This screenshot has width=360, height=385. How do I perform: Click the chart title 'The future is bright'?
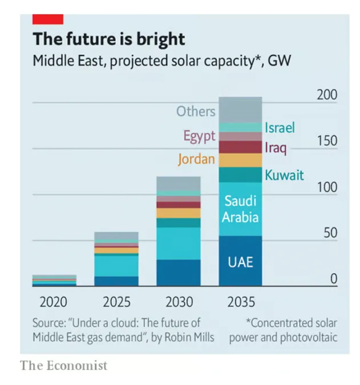(x=109, y=39)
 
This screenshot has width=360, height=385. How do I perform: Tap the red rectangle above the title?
(x=47, y=19)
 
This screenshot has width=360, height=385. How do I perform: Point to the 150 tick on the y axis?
(x=327, y=141)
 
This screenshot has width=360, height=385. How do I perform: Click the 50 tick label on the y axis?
(x=330, y=233)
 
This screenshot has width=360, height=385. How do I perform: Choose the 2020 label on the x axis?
(x=54, y=302)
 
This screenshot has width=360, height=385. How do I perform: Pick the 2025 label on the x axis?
(x=116, y=302)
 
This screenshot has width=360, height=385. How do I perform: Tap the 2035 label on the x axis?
(x=240, y=302)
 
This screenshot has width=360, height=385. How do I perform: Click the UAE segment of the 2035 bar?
(x=240, y=262)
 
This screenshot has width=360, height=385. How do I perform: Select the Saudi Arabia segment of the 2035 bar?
(x=240, y=209)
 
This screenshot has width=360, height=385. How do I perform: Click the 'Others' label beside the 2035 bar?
(x=196, y=111)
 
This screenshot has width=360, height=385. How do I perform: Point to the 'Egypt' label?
(x=199, y=136)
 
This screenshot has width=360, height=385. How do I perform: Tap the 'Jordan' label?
(x=196, y=159)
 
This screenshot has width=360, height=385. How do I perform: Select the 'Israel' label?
(x=280, y=128)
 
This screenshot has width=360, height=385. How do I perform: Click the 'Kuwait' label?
(x=284, y=175)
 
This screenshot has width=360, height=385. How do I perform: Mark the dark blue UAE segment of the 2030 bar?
(x=179, y=273)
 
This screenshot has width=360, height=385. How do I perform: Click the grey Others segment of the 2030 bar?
(x=179, y=183)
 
